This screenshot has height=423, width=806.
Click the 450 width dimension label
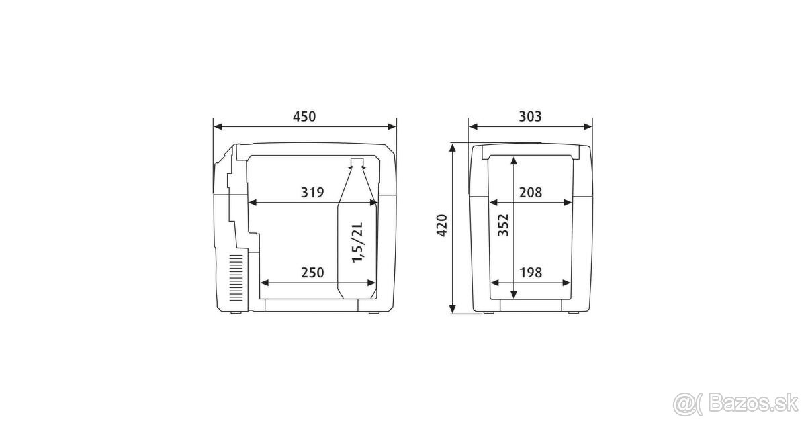tap(304, 117)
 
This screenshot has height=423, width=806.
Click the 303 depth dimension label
tap(530, 117)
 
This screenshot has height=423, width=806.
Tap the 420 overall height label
tap(442, 226)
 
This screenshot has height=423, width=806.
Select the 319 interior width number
tap(312, 193)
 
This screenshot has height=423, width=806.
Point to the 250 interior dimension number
tap(312, 273)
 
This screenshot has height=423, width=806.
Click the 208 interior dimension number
tap(531, 193)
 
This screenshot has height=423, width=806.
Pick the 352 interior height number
tap(503, 225)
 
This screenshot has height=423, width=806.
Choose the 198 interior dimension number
tap(531, 273)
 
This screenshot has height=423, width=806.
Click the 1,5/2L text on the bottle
tap(358, 242)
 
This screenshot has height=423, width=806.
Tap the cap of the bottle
tap(357, 162)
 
